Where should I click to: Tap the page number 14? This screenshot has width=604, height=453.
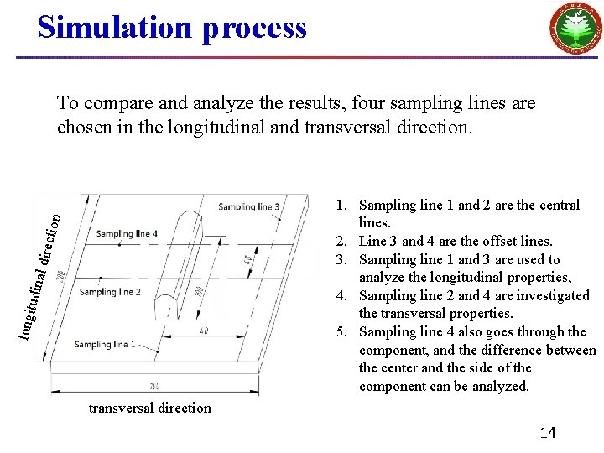[547, 433]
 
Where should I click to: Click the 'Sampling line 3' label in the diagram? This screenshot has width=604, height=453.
[249, 206]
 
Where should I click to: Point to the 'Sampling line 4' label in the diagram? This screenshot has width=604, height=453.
[126, 234]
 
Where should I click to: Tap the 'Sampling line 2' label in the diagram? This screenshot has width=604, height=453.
[110, 292]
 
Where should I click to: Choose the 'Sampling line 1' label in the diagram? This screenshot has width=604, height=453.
[104, 344]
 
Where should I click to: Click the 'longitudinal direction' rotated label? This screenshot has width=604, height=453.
[39, 264]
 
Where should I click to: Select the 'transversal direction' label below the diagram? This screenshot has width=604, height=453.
[150, 408]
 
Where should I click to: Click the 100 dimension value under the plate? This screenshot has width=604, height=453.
[154, 386]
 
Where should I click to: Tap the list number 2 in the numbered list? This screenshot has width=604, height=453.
[341, 242]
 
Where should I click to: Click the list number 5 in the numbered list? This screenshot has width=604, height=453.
[341, 331]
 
